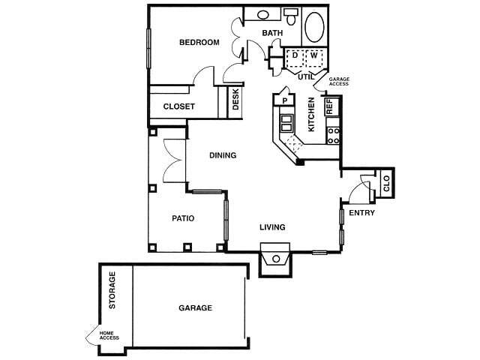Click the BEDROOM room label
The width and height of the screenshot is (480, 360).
click(x=199, y=43)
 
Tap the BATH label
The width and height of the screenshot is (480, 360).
click(x=271, y=33)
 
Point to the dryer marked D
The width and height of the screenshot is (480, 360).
click(x=295, y=56)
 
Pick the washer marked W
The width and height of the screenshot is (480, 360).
click(x=314, y=56)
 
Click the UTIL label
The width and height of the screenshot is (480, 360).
click(x=305, y=76)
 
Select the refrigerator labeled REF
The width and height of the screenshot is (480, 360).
click(x=329, y=106)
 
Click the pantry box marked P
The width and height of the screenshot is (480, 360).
click(x=284, y=99)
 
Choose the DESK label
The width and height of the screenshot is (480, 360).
click(x=235, y=101)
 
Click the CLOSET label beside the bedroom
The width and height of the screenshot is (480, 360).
click(x=179, y=106)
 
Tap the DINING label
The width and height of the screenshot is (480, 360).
click(x=223, y=156)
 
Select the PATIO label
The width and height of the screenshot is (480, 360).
click(x=183, y=219)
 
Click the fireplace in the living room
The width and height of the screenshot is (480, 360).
click(x=276, y=259)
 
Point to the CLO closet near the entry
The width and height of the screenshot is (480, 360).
click(x=386, y=183)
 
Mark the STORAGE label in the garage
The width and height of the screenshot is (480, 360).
click(x=113, y=291)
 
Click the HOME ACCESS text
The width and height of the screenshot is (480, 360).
click(x=109, y=336)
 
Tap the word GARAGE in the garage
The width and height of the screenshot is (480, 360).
click(x=195, y=308)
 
